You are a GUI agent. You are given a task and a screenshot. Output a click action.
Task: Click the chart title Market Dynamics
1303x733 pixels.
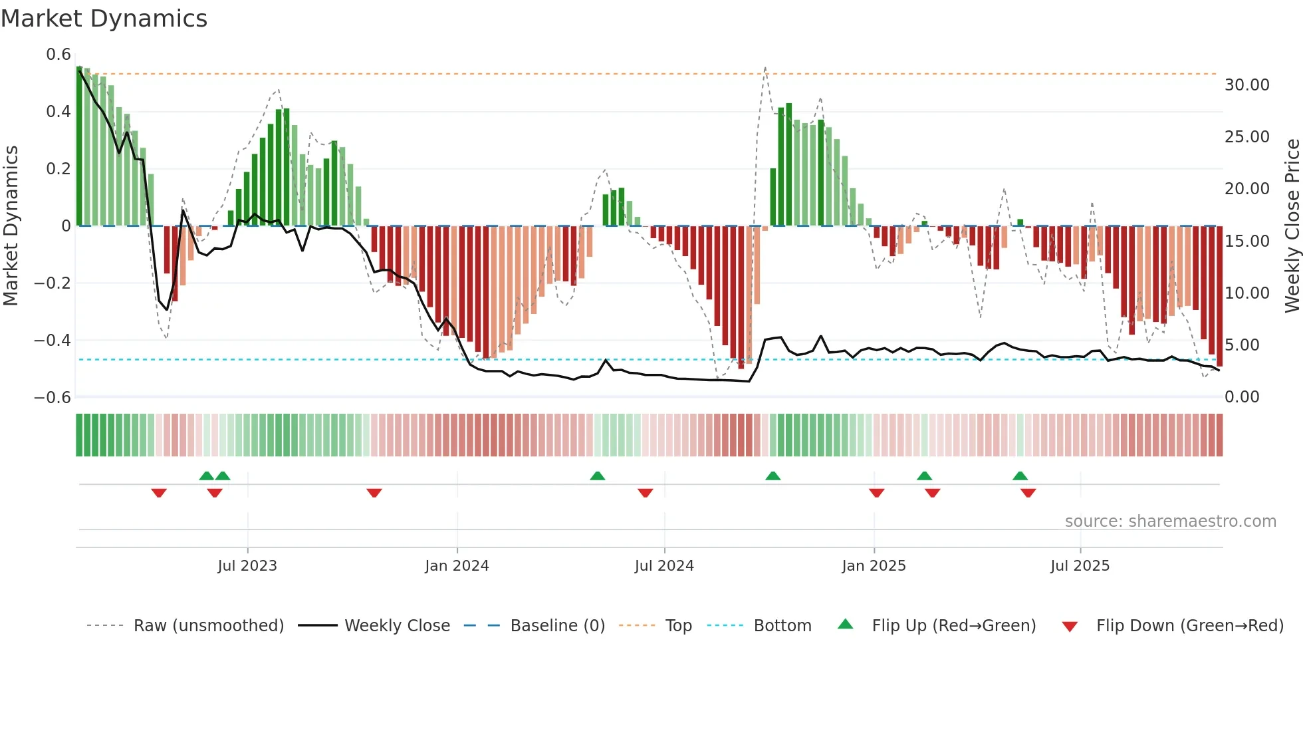104,19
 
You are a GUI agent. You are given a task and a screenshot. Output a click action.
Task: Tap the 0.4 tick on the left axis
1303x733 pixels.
59,111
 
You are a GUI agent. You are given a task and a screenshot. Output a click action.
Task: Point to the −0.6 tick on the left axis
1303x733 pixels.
53,397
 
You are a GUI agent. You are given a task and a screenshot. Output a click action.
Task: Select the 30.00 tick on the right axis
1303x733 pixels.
1247,85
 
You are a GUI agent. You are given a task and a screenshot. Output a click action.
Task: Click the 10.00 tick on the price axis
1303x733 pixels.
1247,293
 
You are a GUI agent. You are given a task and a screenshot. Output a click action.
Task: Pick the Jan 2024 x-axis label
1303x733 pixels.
457,566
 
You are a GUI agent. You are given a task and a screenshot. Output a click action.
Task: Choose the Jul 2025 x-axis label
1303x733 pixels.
1080,566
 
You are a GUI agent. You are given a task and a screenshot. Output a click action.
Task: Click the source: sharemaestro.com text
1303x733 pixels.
1170,521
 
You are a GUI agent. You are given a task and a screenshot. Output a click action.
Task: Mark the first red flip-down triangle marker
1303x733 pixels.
159,493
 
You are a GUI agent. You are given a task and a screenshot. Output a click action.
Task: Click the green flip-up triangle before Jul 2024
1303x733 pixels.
598,476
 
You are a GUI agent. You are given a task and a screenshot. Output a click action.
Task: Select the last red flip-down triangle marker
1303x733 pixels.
1028,493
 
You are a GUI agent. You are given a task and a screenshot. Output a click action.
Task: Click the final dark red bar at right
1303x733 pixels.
1219,296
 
